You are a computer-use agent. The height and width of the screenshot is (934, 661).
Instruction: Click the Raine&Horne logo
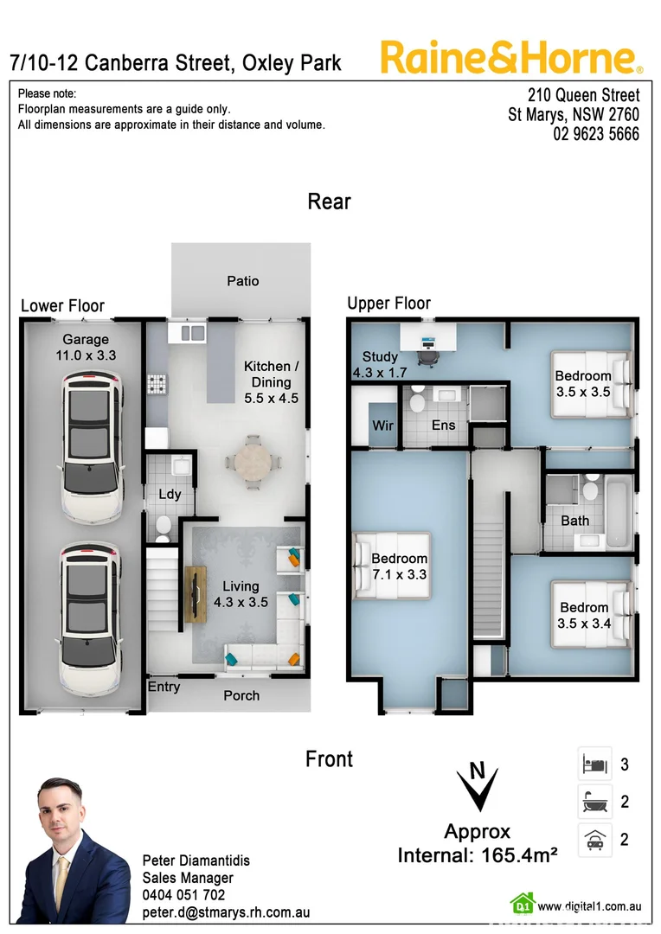pyautogui.click(x=511, y=58)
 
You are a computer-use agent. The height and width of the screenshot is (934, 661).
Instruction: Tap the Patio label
pyautogui.click(x=242, y=280)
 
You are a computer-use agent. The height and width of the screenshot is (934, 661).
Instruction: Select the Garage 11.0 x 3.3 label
pyautogui.click(x=85, y=347)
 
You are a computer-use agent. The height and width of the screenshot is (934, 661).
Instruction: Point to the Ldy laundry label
pyautogui.click(x=169, y=495)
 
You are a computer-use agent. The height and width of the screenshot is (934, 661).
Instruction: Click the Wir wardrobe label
pyautogui.click(x=382, y=425)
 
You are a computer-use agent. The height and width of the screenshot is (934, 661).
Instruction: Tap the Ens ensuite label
pyautogui.click(x=443, y=425)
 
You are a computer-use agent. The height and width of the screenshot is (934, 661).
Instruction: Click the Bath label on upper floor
pyautogui.click(x=574, y=521)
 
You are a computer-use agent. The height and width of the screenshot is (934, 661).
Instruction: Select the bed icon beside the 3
pyautogui.click(x=594, y=764)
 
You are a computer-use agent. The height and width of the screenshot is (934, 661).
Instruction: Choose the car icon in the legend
pyautogui.click(x=594, y=839)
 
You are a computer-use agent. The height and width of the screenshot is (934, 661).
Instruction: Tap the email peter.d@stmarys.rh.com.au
pyautogui.click(x=226, y=912)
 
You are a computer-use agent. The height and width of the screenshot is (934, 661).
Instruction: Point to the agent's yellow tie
pyautogui.click(x=62, y=873)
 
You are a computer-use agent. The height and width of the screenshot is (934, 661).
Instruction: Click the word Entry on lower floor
pyautogui.click(x=164, y=687)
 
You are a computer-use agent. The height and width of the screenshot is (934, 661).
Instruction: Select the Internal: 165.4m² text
pyautogui.click(x=477, y=856)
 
